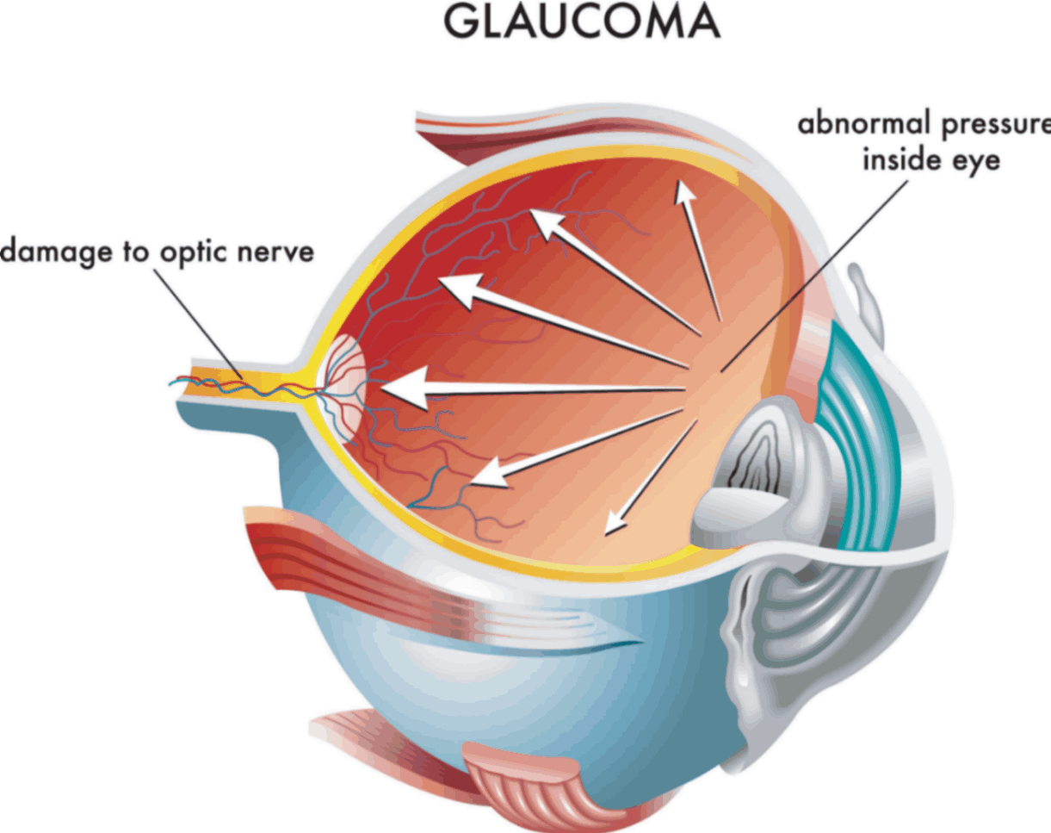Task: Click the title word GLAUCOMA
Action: click(582, 22)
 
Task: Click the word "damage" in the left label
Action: click(55, 252)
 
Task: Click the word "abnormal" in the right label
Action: click(866, 124)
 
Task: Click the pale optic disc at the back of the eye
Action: click(341, 389)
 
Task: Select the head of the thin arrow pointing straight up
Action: click(683, 193)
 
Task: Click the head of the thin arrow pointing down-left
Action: click(615, 525)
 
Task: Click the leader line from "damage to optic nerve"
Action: click(198, 324)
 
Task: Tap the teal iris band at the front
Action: click(860, 435)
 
